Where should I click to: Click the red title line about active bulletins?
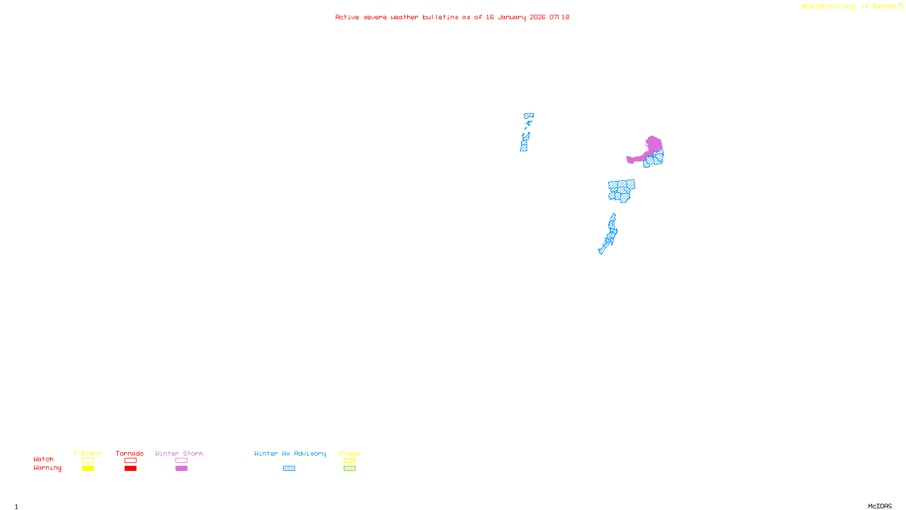click(452, 18)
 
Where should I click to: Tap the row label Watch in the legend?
click(44, 460)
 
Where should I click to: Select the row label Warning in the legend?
click(47, 468)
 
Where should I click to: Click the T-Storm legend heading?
click(87, 453)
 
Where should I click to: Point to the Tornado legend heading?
click(130, 453)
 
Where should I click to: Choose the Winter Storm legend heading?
click(179, 453)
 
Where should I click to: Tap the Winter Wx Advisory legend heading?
click(290, 453)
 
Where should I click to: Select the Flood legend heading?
click(349, 453)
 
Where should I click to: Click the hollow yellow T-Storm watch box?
click(88, 461)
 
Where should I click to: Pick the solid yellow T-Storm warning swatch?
click(88, 469)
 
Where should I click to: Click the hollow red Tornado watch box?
click(130, 461)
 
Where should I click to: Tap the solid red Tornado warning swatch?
click(130, 469)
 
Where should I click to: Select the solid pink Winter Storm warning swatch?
click(181, 469)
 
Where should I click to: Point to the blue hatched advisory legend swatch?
click(289, 469)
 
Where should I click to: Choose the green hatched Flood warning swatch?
click(349, 469)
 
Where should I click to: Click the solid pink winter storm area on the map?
click(653, 146)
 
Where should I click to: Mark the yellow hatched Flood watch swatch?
click(349, 461)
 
